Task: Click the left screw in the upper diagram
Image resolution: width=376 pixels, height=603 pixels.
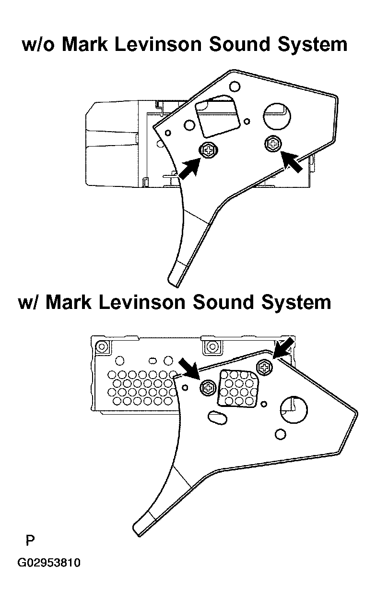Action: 208,150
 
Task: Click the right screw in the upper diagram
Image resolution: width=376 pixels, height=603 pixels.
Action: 273,144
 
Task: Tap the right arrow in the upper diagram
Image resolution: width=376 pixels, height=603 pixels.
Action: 292,161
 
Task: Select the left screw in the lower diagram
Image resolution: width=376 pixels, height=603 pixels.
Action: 208,388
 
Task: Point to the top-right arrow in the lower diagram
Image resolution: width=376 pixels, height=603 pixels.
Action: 283,348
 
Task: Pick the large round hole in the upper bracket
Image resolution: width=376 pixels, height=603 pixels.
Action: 277,116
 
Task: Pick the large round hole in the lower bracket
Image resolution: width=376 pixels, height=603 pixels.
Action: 294,410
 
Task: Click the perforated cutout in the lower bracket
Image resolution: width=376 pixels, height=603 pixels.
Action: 238,388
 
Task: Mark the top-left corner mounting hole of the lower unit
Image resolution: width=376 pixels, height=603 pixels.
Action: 102,346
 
